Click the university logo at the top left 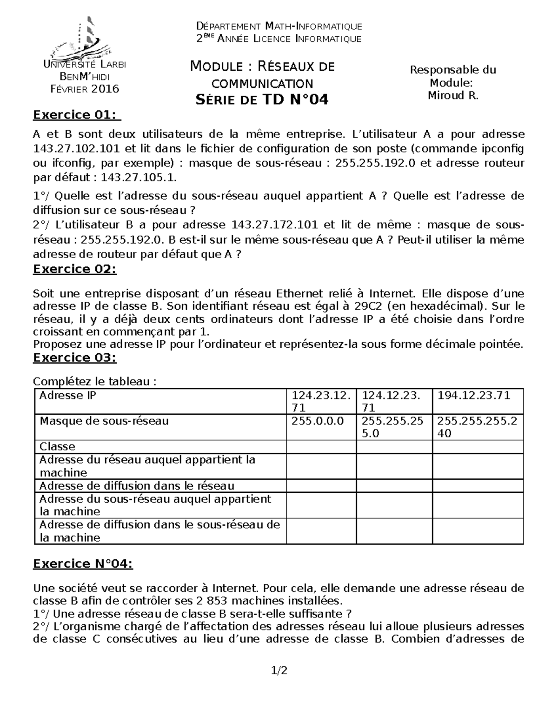click(83, 37)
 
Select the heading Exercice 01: click(74, 114)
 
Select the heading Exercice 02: click(74, 269)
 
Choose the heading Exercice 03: click(74, 358)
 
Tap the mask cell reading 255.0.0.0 click(318, 421)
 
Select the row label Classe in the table click(57, 447)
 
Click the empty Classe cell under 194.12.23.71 click(478, 447)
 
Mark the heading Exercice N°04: click(83, 564)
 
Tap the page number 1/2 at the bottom click(279, 671)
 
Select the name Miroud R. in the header click(453, 96)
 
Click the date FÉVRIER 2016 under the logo click(84, 89)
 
